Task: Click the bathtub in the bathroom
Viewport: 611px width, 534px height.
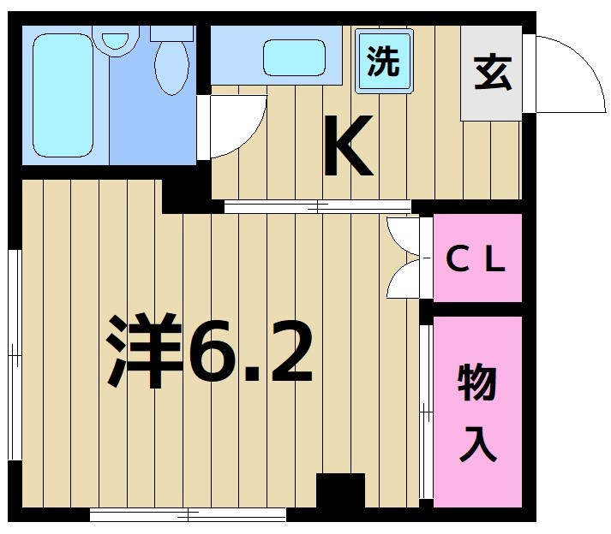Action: (63, 95)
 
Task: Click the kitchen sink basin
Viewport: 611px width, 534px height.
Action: (294, 57)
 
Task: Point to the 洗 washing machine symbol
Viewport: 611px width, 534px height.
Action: (383, 61)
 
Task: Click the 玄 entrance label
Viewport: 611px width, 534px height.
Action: (492, 73)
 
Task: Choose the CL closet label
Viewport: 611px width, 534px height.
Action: (477, 259)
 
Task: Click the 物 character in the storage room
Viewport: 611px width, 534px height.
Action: (477, 383)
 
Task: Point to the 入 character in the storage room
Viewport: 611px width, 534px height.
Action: (477, 444)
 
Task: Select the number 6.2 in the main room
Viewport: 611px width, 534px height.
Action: (250, 351)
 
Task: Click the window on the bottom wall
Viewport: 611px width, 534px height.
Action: (188, 514)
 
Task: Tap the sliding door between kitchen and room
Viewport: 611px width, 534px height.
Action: (317, 206)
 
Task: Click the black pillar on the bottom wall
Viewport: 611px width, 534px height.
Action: (340, 490)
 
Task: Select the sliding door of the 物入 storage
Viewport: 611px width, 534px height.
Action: (425, 411)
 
